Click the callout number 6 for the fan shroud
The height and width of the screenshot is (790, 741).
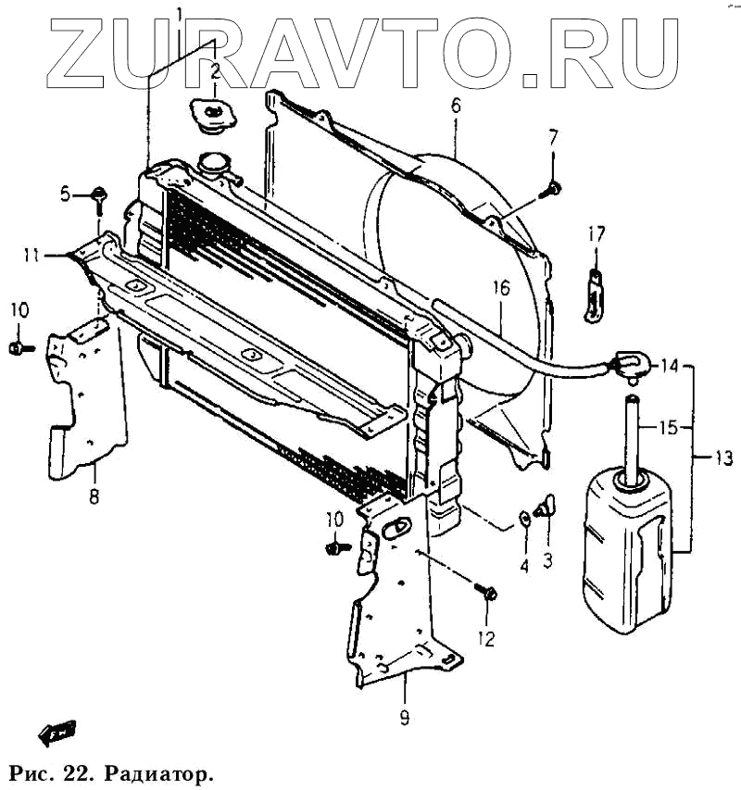click(456, 106)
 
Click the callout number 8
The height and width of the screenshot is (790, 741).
click(94, 497)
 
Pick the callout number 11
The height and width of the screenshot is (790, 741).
click(31, 255)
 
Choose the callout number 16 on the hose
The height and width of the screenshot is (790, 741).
click(500, 288)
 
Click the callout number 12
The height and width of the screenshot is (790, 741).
click(486, 638)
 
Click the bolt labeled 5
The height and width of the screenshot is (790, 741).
click(99, 194)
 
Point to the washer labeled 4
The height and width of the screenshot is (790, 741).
click(525, 517)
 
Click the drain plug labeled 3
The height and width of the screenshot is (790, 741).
click(545, 506)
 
